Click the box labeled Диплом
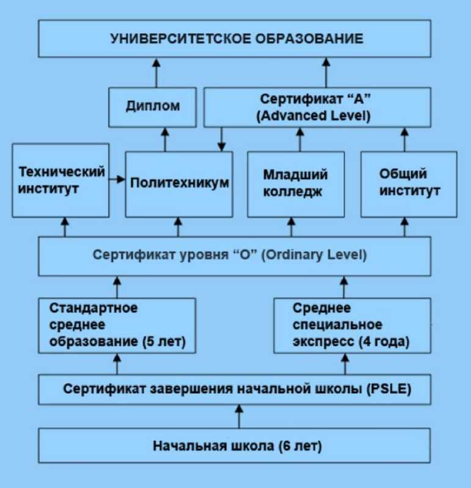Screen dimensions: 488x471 (x=153, y=106)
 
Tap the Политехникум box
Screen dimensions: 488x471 (x=179, y=183)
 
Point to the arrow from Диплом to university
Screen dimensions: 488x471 (x=156, y=72)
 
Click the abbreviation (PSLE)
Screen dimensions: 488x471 (x=389, y=388)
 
